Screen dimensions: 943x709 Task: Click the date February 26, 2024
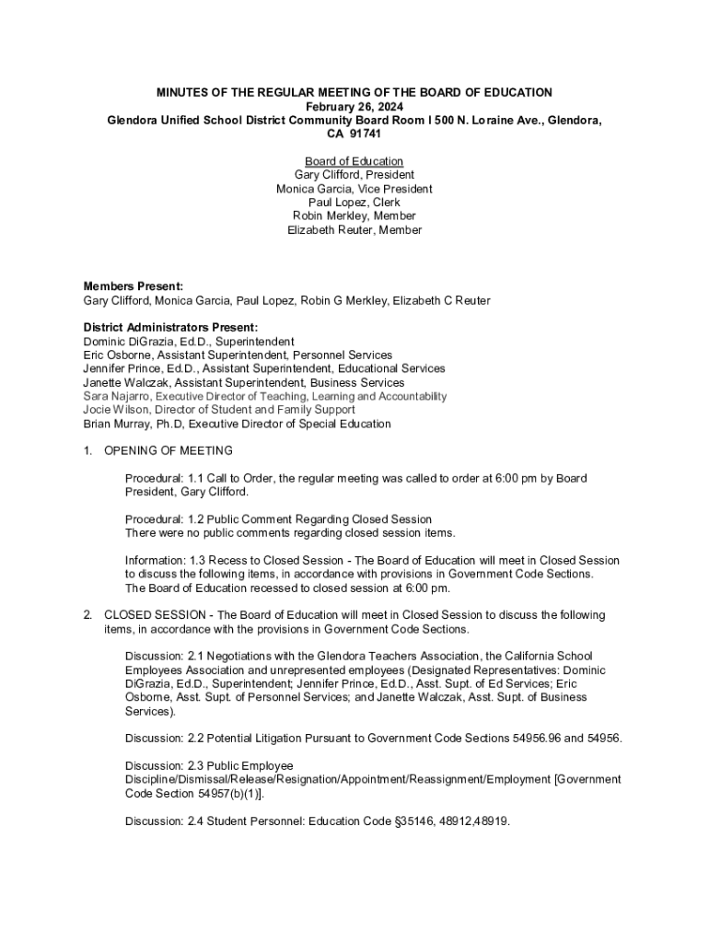coord(354,107)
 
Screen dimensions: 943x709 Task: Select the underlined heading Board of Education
coord(354,162)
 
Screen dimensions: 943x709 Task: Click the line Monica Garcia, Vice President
coord(354,189)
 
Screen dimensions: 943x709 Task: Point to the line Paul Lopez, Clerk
coord(354,203)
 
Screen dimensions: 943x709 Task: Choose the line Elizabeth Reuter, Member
coord(354,230)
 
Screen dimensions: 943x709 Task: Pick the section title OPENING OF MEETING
coord(169,451)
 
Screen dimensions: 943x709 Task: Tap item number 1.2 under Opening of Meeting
coord(202,519)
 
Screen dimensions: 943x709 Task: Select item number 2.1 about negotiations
coord(200,656)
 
